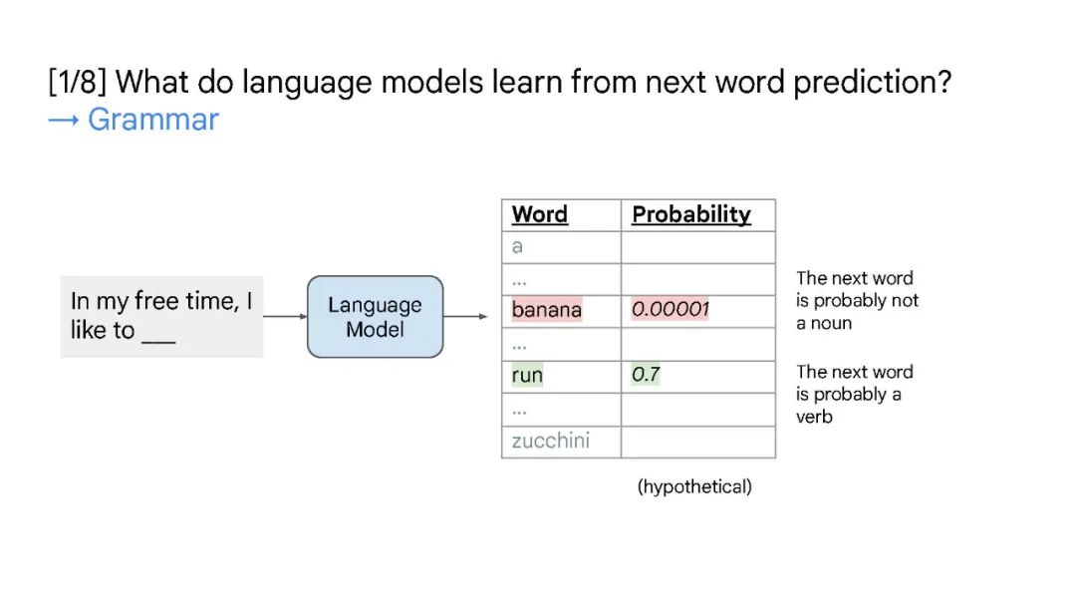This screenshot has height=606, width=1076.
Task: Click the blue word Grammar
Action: [x=153, y=120]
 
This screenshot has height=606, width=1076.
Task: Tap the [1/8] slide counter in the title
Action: [x=78, y=83]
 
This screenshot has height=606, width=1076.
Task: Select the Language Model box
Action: [x=375, y=316]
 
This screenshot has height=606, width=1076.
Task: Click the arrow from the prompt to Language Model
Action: [x=285, y=316]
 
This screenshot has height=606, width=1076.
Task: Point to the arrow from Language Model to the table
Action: [x=465, y=316]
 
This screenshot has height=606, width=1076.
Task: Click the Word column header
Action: [x=539, y=214]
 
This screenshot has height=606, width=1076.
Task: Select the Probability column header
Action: [x=691, y=214]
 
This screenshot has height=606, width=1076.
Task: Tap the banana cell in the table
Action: [x=546, y=310]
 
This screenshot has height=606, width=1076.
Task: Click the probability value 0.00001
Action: [x=670, y=309]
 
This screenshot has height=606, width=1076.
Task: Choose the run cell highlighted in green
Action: [x=527, y=375]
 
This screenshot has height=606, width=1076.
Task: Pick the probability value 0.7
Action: [x=645, y=374]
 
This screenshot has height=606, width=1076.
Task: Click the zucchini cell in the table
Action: [x=550, y=440]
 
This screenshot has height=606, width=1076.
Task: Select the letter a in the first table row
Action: [x=517, y=246]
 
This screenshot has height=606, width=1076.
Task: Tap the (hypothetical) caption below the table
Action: [x=694, y=486]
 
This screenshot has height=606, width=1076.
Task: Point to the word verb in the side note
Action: [x=814, y=417]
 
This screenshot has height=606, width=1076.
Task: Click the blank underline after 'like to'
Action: [x=158, y=341]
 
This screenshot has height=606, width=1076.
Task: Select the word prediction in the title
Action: [x=872, y=83]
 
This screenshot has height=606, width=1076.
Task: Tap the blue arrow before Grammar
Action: [x=64, y=121]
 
